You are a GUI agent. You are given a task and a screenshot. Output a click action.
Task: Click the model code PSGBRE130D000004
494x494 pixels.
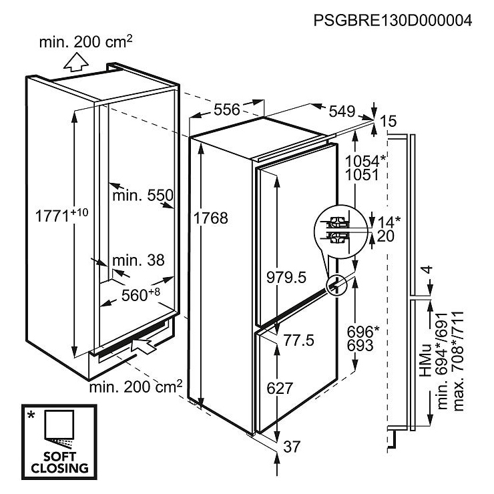click(393, 21)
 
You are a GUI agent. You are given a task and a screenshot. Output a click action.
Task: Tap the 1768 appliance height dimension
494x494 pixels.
click(210, 218)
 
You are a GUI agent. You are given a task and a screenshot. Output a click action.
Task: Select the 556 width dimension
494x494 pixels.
click(227, 109)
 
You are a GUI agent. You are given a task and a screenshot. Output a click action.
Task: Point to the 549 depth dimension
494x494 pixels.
click(342, 111)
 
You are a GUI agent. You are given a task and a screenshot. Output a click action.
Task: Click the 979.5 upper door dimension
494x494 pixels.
click(286, 278)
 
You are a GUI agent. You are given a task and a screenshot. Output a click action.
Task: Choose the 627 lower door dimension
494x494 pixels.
click(280, 388)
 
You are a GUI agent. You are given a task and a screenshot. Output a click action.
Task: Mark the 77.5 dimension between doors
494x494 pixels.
click(298, 340)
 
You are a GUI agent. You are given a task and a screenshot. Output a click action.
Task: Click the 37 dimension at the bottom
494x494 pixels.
click(292, 447)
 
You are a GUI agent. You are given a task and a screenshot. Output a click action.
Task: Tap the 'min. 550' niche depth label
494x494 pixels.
click(143, 196)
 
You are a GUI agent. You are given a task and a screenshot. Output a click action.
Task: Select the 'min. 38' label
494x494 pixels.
click(138, 260)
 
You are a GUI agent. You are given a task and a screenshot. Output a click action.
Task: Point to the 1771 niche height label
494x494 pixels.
click(61, 215)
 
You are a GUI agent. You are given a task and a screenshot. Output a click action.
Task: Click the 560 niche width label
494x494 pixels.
click(140, 294)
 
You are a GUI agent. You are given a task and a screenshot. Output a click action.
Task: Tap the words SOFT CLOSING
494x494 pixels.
click(59, 462)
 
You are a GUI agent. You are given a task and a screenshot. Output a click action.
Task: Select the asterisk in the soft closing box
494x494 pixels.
click(31, 415)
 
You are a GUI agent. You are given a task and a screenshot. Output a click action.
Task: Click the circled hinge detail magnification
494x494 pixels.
click(337, 232)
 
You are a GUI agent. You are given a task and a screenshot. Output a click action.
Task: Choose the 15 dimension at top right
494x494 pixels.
click(388, 121)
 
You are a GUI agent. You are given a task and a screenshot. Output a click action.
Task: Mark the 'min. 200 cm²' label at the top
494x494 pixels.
click(85, 41)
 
